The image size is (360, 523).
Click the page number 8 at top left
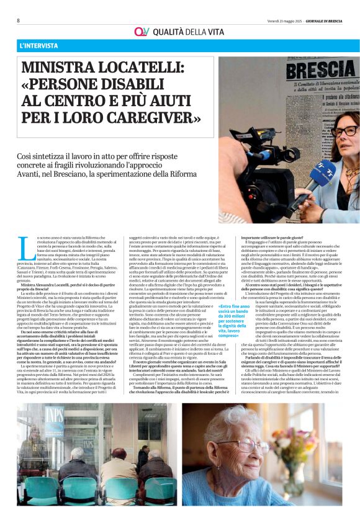[x=18, y=20]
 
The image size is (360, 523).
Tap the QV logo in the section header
[x=142, y=32]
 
